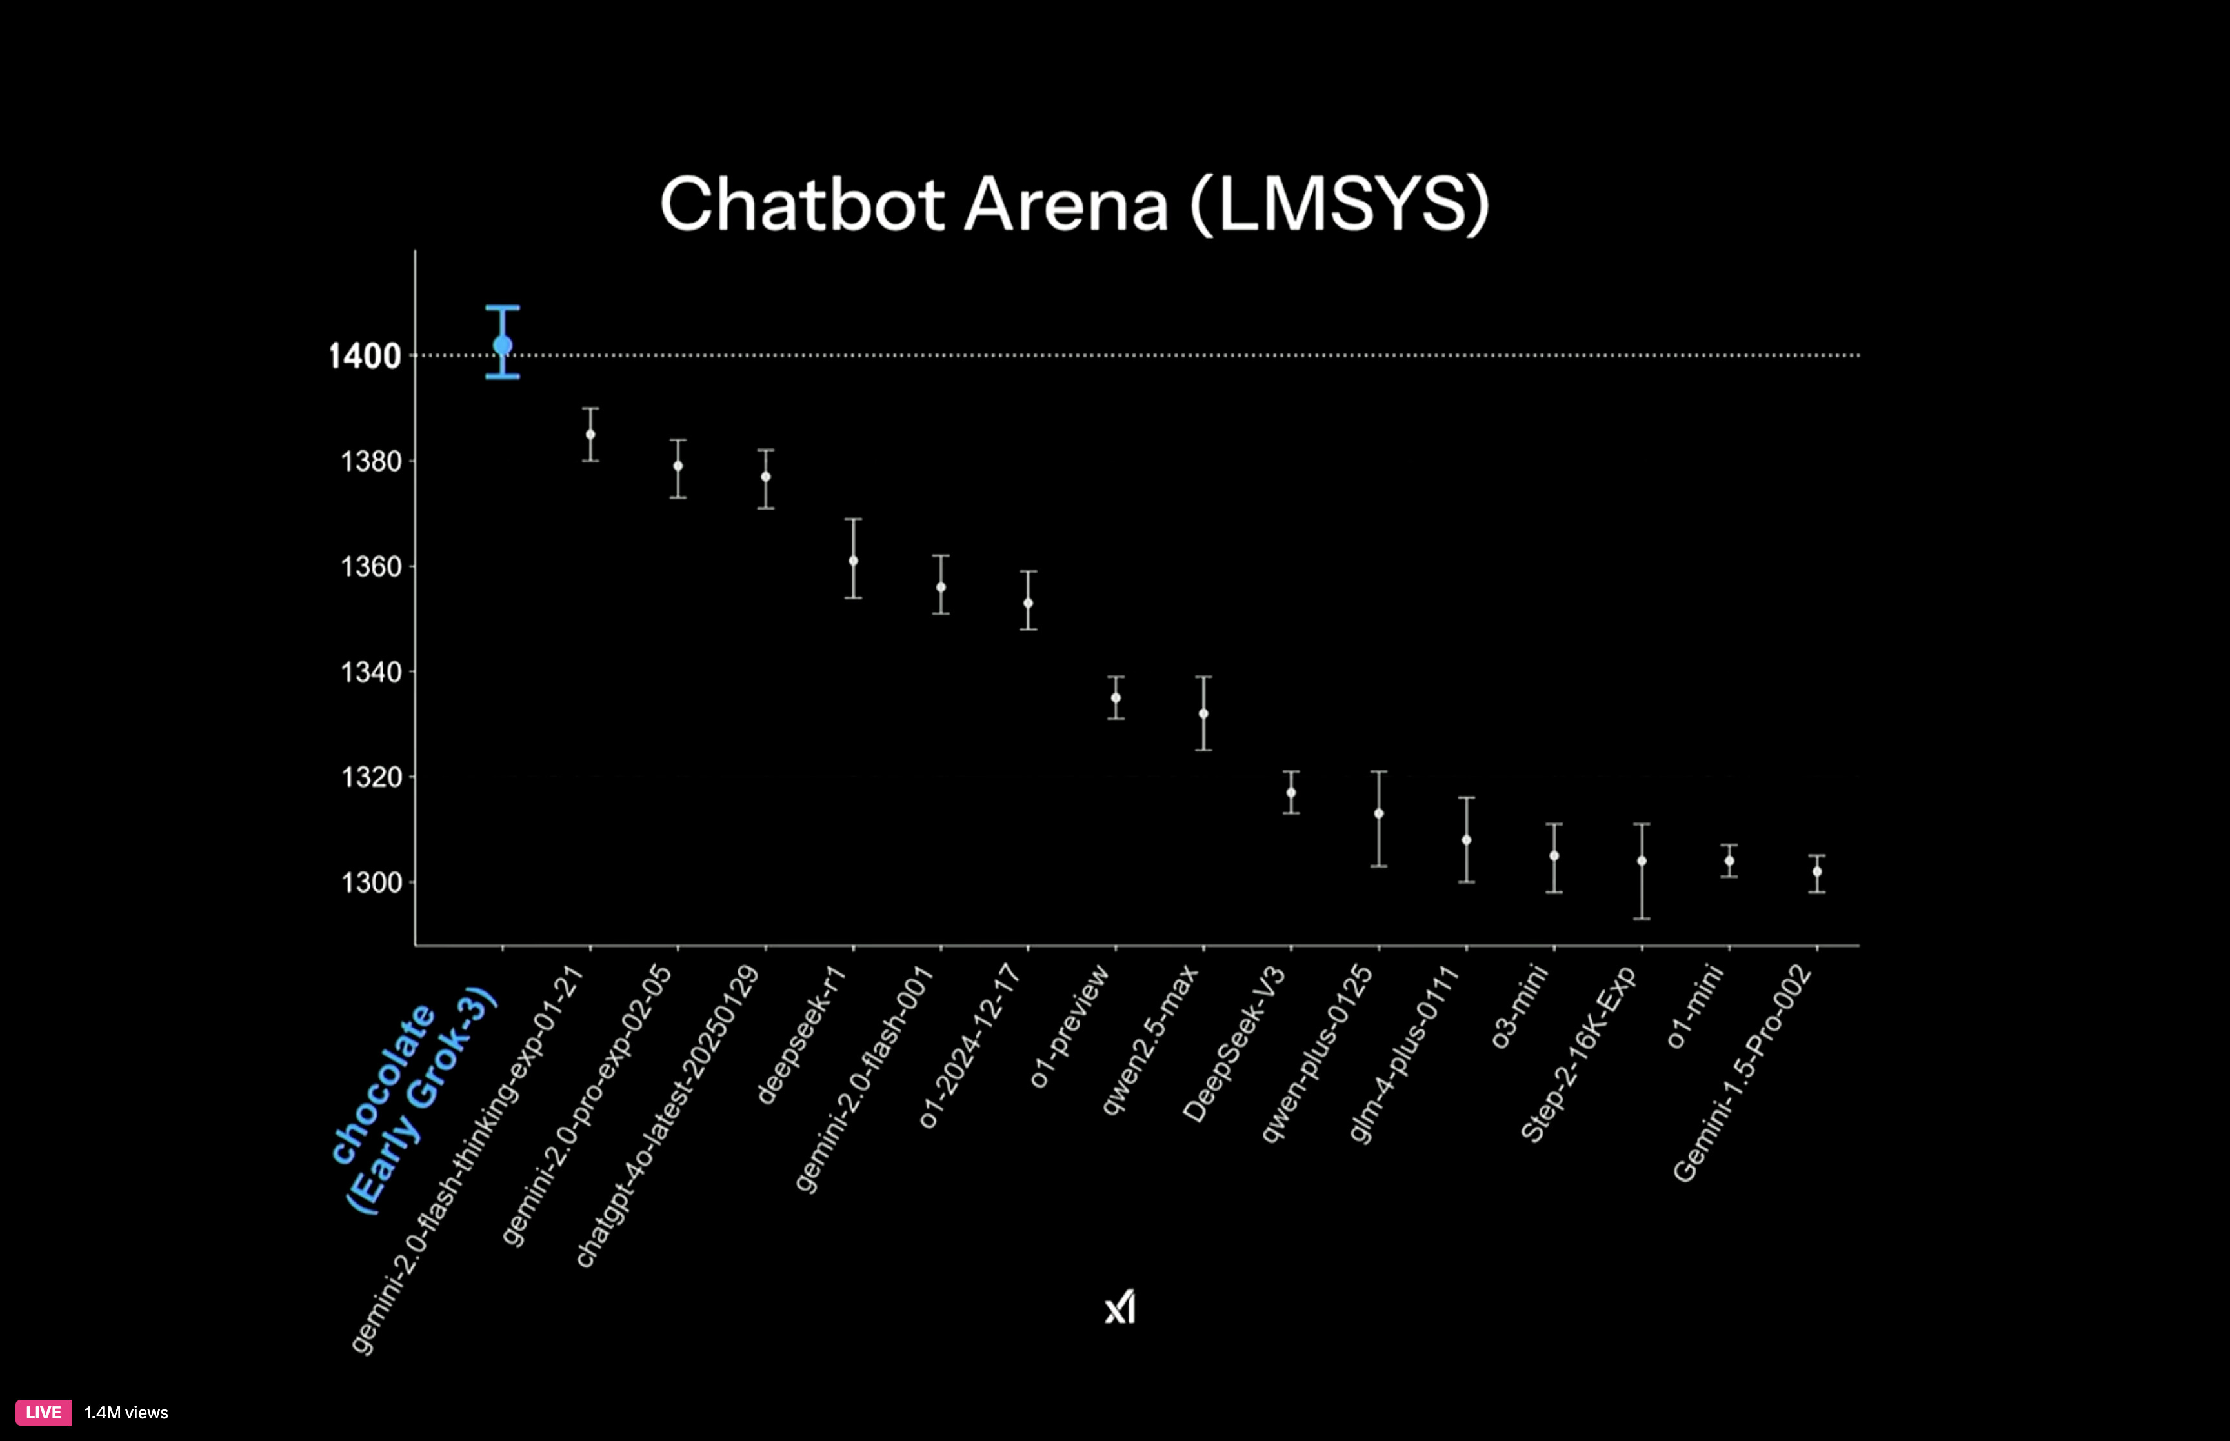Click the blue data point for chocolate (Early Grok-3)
coord(503,345)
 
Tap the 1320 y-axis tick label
coord(370,777)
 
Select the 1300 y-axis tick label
coord(370,882)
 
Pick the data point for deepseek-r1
coord(854,561)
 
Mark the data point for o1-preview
coord(1116,698)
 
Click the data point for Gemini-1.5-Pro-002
coord(1817,872)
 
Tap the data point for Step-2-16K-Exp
coord(1642,861)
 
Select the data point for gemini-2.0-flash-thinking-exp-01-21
coord(590,434)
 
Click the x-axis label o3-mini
coord(1519,1006)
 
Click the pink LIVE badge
coord(43,1412)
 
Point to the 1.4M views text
coord(126,1413)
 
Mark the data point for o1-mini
coord(1729,861)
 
